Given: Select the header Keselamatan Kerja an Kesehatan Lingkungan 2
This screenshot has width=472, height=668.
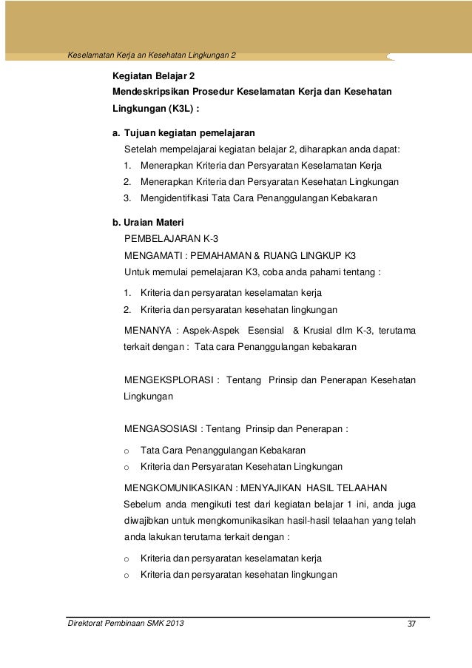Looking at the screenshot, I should click(151, 55).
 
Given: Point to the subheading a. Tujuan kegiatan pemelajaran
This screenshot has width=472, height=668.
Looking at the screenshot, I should click(183, 134).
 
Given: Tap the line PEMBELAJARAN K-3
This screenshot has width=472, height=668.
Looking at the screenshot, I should click(171, 239).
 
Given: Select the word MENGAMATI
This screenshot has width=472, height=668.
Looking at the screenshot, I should click(151, 255).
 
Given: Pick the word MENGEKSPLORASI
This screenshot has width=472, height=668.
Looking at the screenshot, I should click(169, 380).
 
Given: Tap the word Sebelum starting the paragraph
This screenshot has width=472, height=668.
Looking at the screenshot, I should click(143, 505).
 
